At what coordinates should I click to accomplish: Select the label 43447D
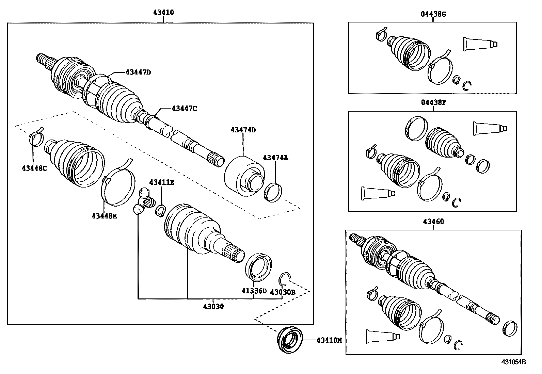[138, 72]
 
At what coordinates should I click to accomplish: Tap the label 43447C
[184, 109]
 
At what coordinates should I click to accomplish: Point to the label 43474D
[243, 130]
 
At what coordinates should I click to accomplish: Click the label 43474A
[275, 158]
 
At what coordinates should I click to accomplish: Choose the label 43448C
[34, 168]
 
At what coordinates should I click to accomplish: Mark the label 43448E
[104, 215]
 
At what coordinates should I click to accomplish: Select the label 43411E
[162, 183]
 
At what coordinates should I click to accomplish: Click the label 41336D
[254, 291]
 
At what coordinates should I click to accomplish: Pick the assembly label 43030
[213, 307]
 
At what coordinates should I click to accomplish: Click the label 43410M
[329, 340]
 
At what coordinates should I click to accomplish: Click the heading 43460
[433, 222]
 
